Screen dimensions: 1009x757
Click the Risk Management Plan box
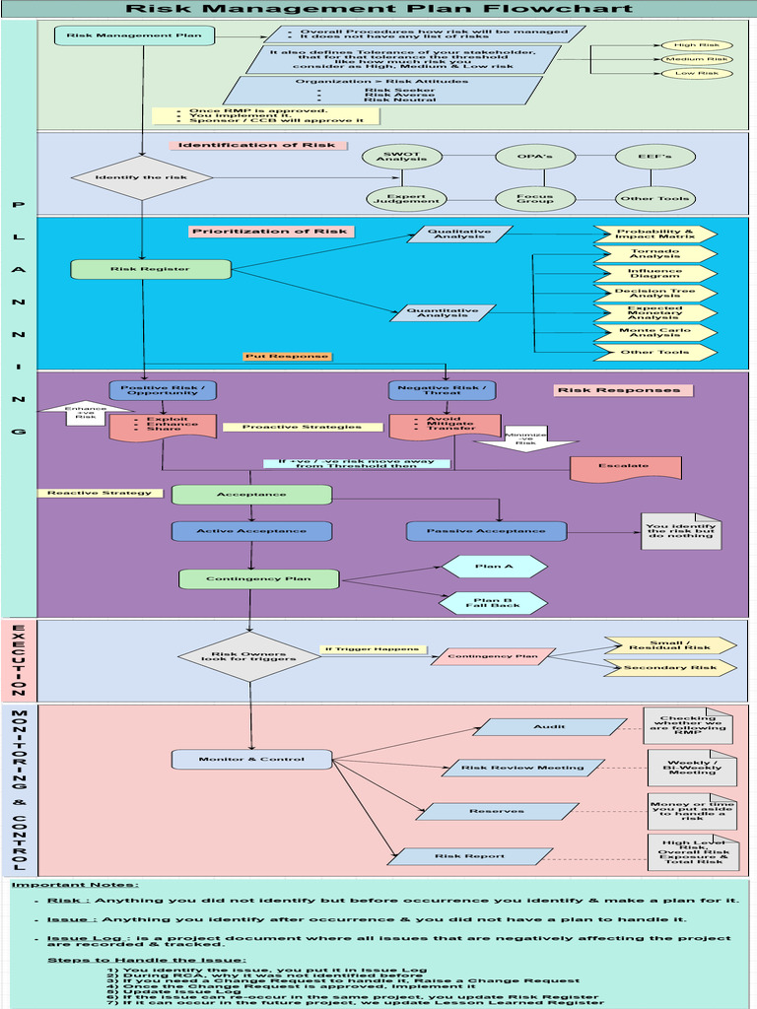click(x=134, y=36)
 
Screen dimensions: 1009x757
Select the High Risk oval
click(x=696, y=45)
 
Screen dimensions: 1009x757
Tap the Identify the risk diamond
click(x=142, y=178)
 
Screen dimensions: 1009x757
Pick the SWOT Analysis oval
click(x=401, y=157)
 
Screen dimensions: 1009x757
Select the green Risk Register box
click(x=137, y=269)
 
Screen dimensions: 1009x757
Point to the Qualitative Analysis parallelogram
click(x=459, y=235)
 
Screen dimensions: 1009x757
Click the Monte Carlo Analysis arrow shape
click(x=654, y=333)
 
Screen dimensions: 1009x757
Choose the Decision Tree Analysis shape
click(x=654, y=293)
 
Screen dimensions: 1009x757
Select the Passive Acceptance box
click(x=486, y=531)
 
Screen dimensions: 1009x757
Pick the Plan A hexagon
click(x=494, y=567)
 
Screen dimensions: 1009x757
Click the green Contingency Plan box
click(x=258, y=579)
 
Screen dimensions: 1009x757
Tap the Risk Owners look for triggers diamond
click(x=248, y=656)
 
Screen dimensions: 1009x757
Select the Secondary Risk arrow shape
click(x=669, y=668)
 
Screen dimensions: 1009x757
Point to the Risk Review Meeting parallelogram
click(x=522, y=768)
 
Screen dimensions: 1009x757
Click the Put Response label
click(x=287, y=357)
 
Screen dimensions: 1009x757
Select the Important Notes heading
click(x=75, y=885)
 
